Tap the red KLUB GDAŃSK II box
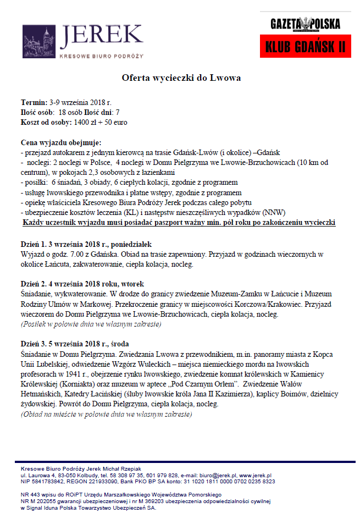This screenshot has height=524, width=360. pos(305,46)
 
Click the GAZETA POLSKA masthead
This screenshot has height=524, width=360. pos(305,24)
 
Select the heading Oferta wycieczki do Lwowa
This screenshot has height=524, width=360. pos(181,78)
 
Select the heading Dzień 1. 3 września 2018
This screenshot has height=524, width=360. pos(81,244)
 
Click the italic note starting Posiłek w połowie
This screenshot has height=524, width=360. pos(90,324)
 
